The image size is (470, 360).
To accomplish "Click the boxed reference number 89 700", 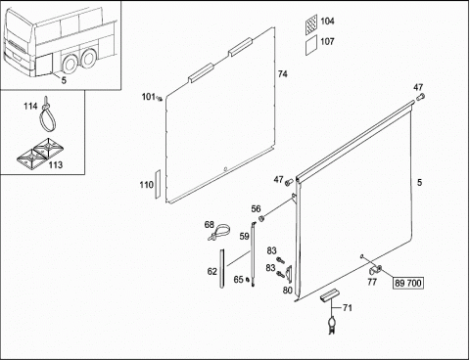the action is coord(408,283).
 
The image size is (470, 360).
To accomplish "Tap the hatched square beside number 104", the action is coord(311,24).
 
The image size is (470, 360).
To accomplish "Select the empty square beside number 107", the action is coord(311,45).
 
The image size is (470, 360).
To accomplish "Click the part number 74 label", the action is coord(283,74).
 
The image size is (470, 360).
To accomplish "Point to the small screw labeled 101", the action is coord(160,99).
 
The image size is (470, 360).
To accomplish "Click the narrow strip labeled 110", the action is coord(158,184).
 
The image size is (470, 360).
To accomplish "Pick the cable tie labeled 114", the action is coord(48,114).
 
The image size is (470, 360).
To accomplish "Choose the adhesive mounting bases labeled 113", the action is coord(38,154).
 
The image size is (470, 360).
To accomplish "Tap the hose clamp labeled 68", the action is coord(218,232).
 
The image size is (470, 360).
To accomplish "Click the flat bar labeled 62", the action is coord(222,269).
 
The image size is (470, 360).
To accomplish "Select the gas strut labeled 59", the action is coord(253,254).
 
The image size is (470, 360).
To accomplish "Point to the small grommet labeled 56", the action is coord(261,218).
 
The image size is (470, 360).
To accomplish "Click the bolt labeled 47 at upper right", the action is coord(420,97).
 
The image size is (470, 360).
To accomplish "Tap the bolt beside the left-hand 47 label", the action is coord(289,182).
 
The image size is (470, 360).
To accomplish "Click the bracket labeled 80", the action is coord(289,272).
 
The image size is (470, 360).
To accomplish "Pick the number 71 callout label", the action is coord(348,308).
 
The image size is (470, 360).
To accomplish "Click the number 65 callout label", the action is coord(239,279).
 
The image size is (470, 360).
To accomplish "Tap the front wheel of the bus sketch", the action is coord(70,64).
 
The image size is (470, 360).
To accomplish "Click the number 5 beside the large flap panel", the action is coord(419,182).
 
